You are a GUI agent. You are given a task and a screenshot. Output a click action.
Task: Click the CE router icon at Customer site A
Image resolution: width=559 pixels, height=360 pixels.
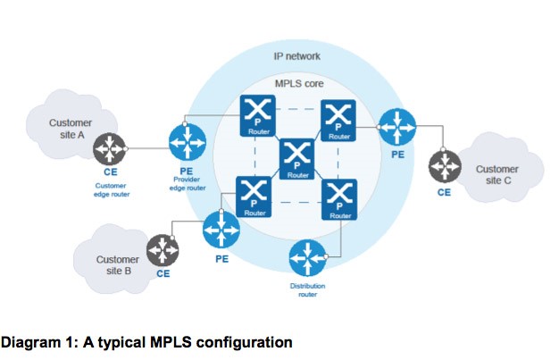[111, 147]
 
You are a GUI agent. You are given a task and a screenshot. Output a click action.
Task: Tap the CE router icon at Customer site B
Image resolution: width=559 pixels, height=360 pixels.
[162, 248]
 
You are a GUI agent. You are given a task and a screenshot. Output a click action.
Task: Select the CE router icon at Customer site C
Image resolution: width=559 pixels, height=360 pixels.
[444, 165]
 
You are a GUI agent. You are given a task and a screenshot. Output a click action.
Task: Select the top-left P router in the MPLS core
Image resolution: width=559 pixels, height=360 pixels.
[255, 117]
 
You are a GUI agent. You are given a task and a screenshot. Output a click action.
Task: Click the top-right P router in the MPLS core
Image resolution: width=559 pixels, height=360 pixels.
[338, 117]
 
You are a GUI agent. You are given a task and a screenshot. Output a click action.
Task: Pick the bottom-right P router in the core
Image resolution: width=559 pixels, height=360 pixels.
[338, 199]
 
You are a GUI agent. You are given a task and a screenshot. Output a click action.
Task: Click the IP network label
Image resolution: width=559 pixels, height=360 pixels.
[296, 56]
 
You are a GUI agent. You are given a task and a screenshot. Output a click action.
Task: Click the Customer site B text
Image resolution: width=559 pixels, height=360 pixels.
[118, 265]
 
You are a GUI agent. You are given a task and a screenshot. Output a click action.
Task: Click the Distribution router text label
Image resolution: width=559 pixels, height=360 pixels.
[309, 290]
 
